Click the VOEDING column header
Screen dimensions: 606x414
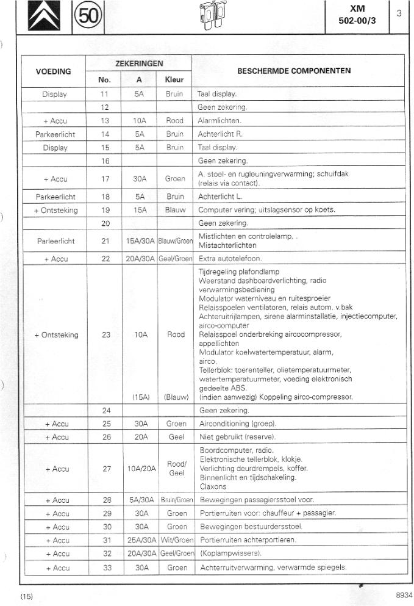pos(54,71)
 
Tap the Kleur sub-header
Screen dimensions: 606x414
pos(174,80)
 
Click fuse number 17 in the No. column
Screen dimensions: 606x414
pos(105,179)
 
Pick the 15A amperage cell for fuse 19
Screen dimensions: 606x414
pos(140,211)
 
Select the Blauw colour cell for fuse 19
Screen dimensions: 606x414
pos(174,211)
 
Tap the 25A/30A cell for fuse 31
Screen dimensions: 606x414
pos(140,541)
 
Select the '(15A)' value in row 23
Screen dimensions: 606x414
pos(141,397)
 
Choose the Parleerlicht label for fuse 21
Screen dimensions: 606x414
pos(55,241)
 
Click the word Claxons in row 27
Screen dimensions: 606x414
pos(213,486)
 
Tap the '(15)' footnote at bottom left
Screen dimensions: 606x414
pos(26,596)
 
